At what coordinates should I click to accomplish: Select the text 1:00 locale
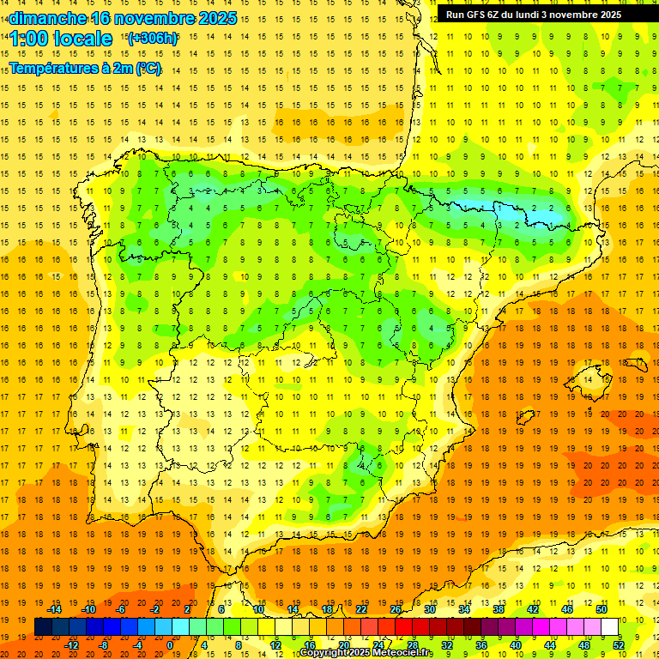click(x=61, y=39)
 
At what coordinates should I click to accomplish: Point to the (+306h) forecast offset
click(x=152, y=39)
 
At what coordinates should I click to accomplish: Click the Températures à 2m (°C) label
click(x=86, y=69)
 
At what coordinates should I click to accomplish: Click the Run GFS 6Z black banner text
click(x=534, y=15)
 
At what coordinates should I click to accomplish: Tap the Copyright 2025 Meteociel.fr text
click(x=366, y=653)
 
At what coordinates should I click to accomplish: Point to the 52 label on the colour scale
click(x=619, y=644)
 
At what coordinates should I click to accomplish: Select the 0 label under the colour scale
click(x=170, y=644)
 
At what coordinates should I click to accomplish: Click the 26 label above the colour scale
click(x=396, y=609)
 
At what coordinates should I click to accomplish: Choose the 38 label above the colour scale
click(x=499, y=609)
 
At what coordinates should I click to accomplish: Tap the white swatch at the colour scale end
click(x=610, y=627)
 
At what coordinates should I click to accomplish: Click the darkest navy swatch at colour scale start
click(x=43, y=627)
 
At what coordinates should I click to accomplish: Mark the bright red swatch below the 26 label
click(x=403, y=627)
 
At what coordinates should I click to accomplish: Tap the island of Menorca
click(x=632, y=360)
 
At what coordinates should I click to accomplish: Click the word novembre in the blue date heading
click(x=150, y=18)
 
